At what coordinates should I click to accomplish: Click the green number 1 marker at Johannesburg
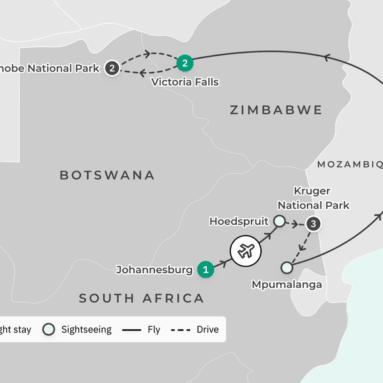coord(205,269)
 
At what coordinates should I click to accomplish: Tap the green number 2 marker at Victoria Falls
coord(184,63)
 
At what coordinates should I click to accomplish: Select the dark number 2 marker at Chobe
coord(112,68)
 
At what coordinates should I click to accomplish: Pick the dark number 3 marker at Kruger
coord(313,224)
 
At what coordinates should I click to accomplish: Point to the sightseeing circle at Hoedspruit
coord(279,221)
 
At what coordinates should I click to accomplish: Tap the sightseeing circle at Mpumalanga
coord(287,267)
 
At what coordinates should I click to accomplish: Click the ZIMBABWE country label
coord(276,110)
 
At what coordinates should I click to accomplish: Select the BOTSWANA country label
coord(107,175)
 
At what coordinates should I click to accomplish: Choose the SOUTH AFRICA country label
coord(142,298)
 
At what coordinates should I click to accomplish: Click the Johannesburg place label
coord(154,270)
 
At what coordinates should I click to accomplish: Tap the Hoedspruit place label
coord(239,221)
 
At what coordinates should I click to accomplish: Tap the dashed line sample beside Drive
coord(183,329)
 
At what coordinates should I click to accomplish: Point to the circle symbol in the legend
coord(48,329)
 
